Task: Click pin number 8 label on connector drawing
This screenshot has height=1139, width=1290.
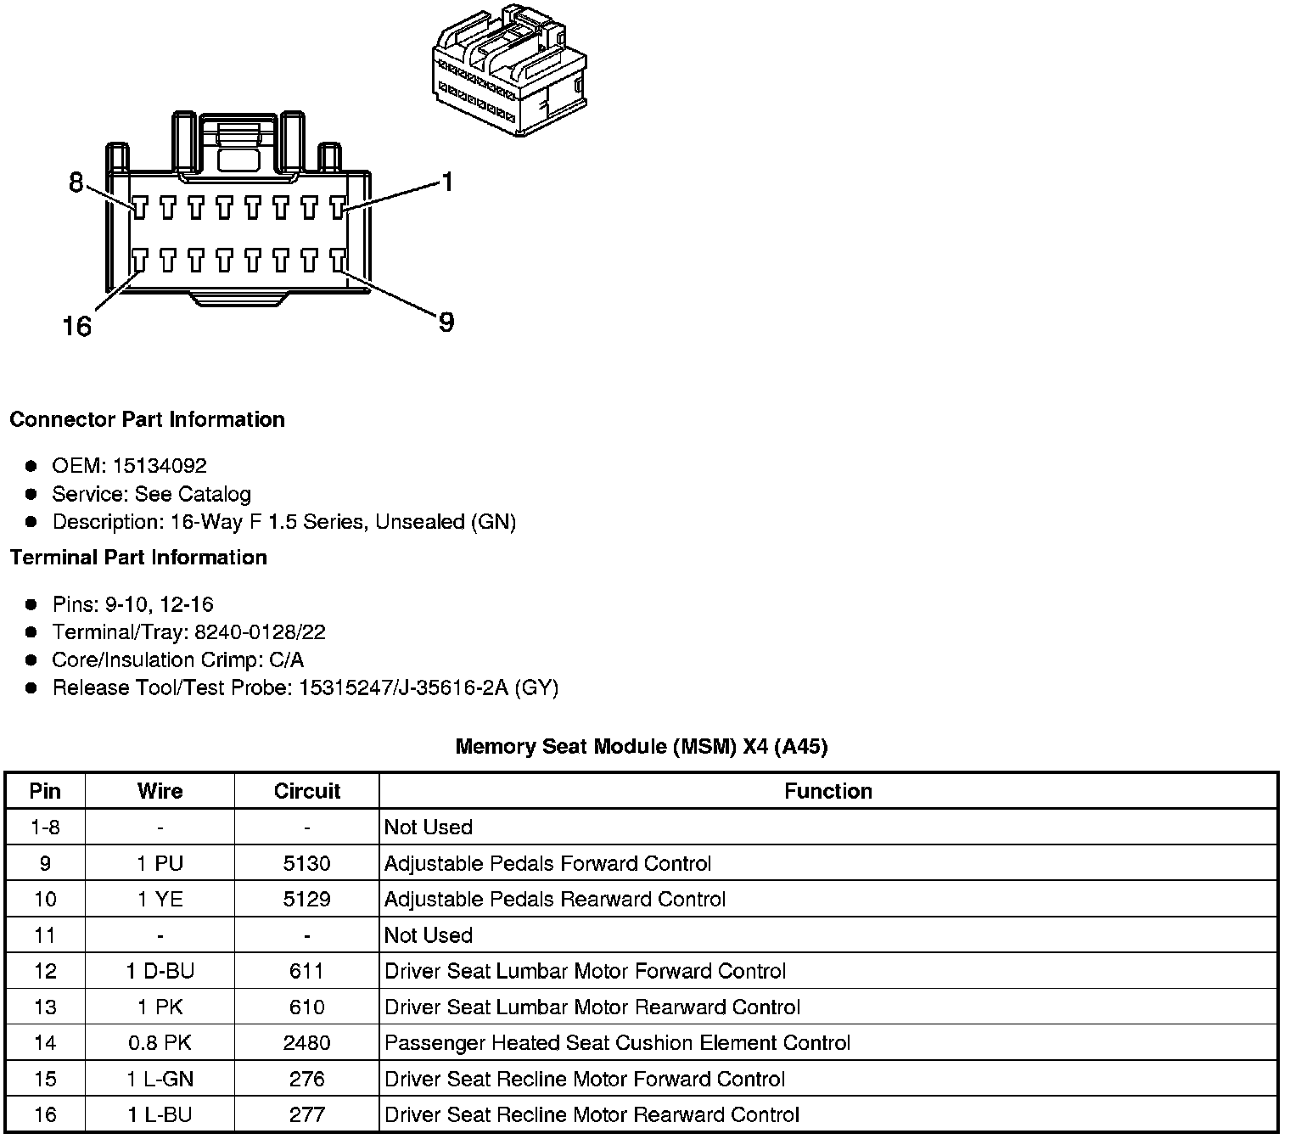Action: tap(76, 182)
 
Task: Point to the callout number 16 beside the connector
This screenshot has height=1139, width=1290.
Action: tap(76, 327)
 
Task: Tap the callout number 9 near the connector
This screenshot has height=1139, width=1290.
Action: tap(446, 323)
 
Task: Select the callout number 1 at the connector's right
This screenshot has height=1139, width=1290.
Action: tap(446, 182)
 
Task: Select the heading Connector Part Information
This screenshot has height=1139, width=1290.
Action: tap(148, 420)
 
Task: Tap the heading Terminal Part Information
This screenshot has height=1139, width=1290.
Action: tap(138, 558)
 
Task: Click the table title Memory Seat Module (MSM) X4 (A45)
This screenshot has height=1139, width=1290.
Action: tap(642, 747)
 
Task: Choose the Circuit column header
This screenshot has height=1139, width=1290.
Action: tap(306, 791)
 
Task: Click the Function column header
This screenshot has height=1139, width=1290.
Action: tap(827, 791)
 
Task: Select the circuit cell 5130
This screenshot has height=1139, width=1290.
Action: tap(306, 863)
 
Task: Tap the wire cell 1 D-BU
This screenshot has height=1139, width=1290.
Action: tap(160, 971)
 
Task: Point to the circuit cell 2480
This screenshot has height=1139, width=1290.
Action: tap(306, 1043)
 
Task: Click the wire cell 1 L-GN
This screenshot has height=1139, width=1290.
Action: tap(160, 1079)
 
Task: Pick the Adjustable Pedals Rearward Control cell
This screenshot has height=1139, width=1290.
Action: tap(555, 899)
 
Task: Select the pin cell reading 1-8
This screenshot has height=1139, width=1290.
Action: tap(45, 828)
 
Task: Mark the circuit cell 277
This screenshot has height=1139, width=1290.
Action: tap(306, 1114)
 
